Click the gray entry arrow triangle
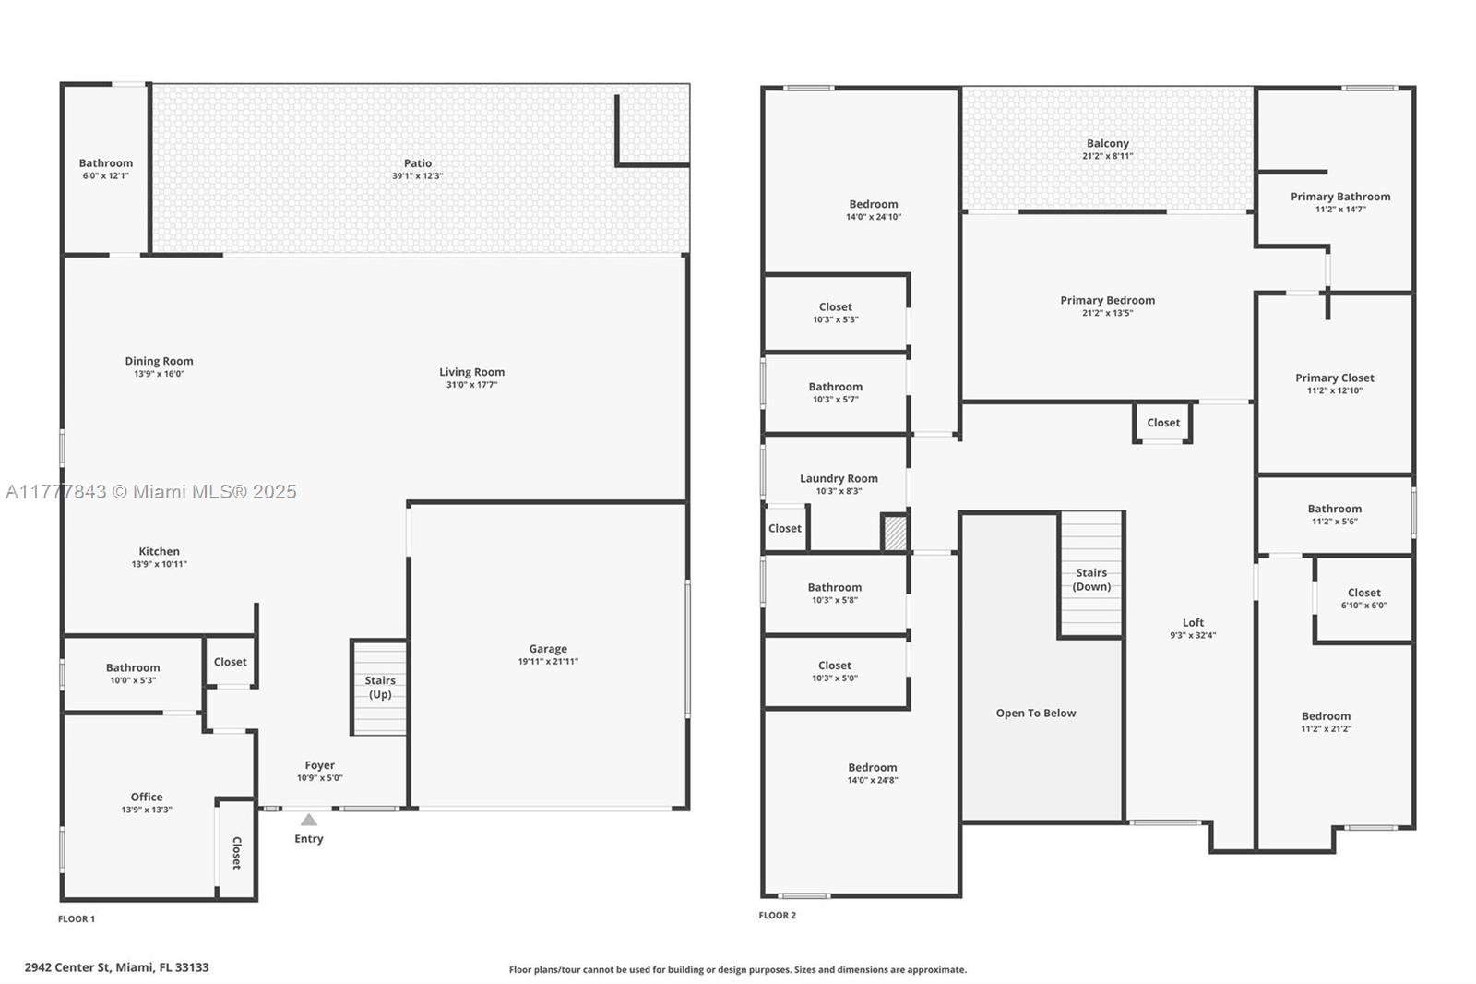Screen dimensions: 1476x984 (309, 820)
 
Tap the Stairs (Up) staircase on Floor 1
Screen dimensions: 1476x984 (379, 688)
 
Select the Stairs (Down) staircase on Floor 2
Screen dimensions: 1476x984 (1091, 574)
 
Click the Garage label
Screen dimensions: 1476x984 (548, 649)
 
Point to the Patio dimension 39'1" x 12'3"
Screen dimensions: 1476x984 (418, 176)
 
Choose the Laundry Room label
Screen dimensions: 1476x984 (839, 478)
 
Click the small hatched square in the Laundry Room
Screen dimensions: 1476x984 (895, 533)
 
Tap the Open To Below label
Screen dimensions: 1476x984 (1036, 713)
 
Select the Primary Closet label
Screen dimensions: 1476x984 (1334, 378)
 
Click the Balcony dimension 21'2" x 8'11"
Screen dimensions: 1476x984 (1108, 156)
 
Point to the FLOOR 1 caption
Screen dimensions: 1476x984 (77, 918)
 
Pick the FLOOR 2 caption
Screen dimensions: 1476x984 (778, 915)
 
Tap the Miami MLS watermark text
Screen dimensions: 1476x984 (151, 492)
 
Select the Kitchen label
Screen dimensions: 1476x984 (159, 551)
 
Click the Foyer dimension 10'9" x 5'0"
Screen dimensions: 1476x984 (319, 778)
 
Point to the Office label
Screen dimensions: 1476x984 (147, 797)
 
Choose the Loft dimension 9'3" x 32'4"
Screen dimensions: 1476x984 (1193, 636)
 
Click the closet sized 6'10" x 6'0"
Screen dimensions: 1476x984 (1363, 599)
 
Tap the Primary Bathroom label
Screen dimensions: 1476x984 (1340, 197)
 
